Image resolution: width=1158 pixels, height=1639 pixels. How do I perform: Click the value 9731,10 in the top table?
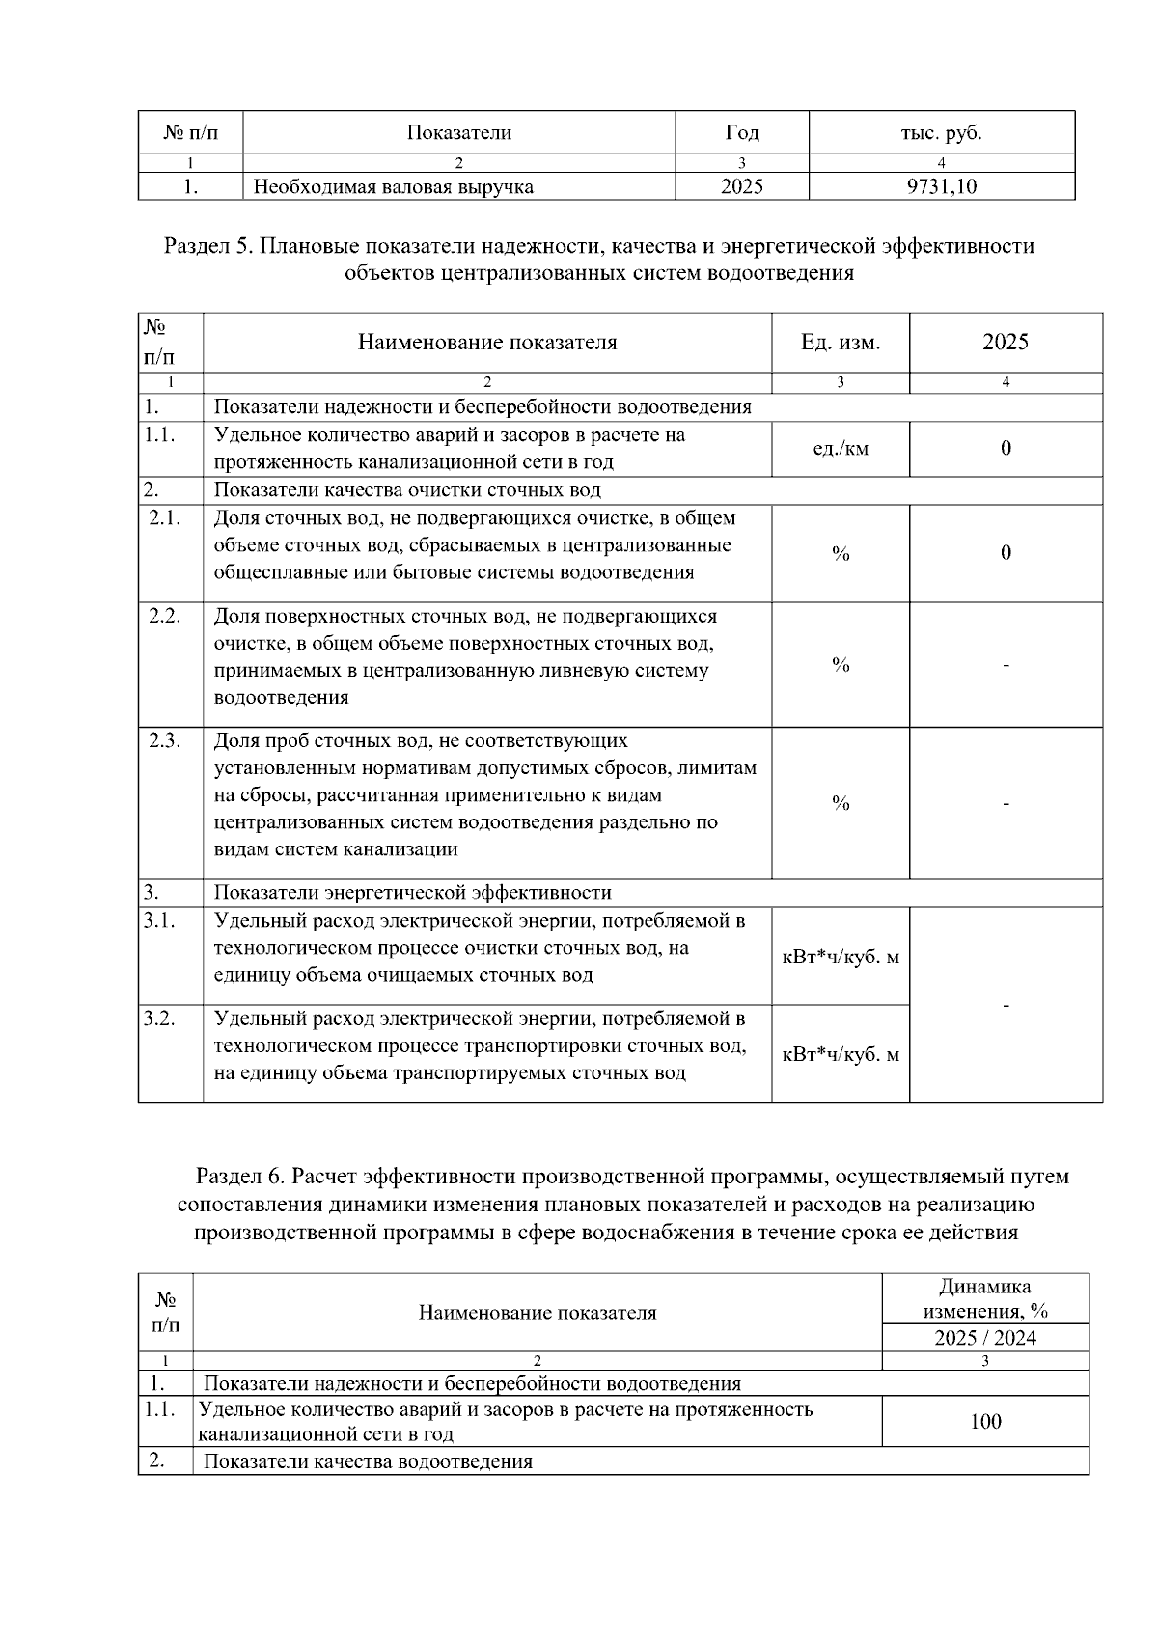941,186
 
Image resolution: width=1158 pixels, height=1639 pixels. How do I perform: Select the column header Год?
741,132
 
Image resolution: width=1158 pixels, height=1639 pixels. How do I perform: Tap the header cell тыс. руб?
941,132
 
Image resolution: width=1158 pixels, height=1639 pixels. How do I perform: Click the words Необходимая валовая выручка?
393,187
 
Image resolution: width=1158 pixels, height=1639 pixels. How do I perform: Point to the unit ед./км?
840,448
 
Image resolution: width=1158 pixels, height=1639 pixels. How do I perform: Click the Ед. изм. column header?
840,342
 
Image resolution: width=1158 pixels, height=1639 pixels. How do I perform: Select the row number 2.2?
165,616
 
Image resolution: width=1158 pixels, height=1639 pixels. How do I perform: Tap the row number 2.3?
165,740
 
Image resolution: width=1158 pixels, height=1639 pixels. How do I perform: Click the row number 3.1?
159,920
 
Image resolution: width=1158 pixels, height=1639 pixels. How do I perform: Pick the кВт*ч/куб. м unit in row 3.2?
840,1054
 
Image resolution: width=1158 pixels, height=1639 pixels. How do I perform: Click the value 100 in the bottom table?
985,1421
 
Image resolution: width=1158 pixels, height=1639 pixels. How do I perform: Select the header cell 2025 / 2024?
985,1338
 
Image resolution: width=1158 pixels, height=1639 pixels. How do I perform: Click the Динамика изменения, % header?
985,1298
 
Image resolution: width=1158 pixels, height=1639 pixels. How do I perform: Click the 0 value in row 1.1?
1006,448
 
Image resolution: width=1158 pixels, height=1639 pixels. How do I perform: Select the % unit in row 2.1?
840,553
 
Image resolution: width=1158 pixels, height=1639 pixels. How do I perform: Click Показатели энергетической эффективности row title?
412,893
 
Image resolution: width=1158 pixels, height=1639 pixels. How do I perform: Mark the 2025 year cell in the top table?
741,186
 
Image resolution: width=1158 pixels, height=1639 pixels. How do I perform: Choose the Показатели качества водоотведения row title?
368,1461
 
